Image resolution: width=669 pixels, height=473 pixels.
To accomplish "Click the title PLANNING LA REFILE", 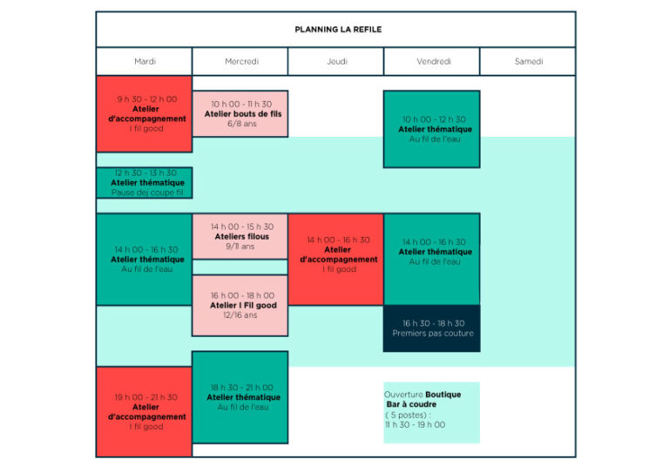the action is point(338,30).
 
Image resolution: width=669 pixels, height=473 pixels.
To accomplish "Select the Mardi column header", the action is point(145,62).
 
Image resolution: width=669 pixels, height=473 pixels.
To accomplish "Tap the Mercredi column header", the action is point(240,62).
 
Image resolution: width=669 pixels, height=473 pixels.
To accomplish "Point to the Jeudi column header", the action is point(336,62).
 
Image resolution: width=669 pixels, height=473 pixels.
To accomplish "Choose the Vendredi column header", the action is point(432,62).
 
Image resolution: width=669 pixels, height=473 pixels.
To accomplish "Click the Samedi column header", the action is point(528,62).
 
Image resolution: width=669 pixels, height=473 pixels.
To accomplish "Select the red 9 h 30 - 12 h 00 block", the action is point(145,114).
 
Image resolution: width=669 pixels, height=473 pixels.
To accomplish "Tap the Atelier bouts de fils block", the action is point(240,114).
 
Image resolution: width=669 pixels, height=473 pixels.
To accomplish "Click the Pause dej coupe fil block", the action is point(145,183).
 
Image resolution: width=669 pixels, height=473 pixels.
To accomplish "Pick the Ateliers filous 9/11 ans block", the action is point(240,236).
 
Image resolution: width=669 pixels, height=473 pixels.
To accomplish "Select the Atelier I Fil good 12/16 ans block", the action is point(240,306).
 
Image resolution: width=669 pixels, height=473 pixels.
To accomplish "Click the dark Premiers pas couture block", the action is point(432,328).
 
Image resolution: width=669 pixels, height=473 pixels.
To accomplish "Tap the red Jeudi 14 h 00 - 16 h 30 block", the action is point(335,260).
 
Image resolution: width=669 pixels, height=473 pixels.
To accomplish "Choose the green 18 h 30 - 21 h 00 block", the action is point(240,397).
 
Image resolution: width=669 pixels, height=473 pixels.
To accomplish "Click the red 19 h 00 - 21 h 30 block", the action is point(145,412).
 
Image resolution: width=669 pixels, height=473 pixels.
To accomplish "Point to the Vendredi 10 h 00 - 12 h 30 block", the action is point(432,129).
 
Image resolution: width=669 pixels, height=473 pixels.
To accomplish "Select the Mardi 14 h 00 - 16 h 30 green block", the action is point(145,260).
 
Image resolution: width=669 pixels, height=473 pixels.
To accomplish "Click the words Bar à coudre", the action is point(411,404).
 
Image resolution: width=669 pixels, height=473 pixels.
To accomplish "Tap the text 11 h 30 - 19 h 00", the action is point(416,425).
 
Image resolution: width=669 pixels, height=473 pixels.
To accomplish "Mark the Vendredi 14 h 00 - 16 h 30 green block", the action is point(432,260).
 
